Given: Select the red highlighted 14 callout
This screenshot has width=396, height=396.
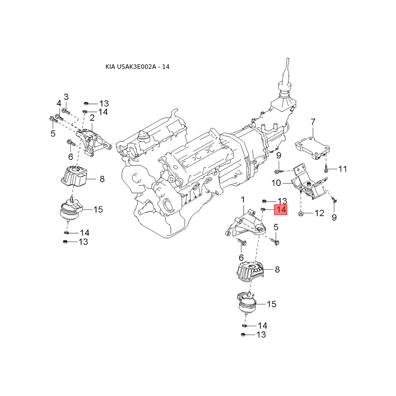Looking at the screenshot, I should [281, 210].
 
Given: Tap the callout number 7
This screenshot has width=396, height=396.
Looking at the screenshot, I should [313, 122].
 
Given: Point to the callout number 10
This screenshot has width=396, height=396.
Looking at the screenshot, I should [276, 183].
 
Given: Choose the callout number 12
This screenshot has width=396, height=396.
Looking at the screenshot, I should [319, 214].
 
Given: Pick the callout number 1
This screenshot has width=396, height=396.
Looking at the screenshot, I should [243, 199].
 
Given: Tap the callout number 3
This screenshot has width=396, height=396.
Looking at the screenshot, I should [66, 97].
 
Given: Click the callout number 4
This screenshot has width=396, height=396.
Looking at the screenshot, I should [58, 103].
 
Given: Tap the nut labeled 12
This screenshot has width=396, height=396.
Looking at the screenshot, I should [302, 214].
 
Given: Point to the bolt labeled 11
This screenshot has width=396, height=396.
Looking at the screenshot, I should [327, 169].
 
